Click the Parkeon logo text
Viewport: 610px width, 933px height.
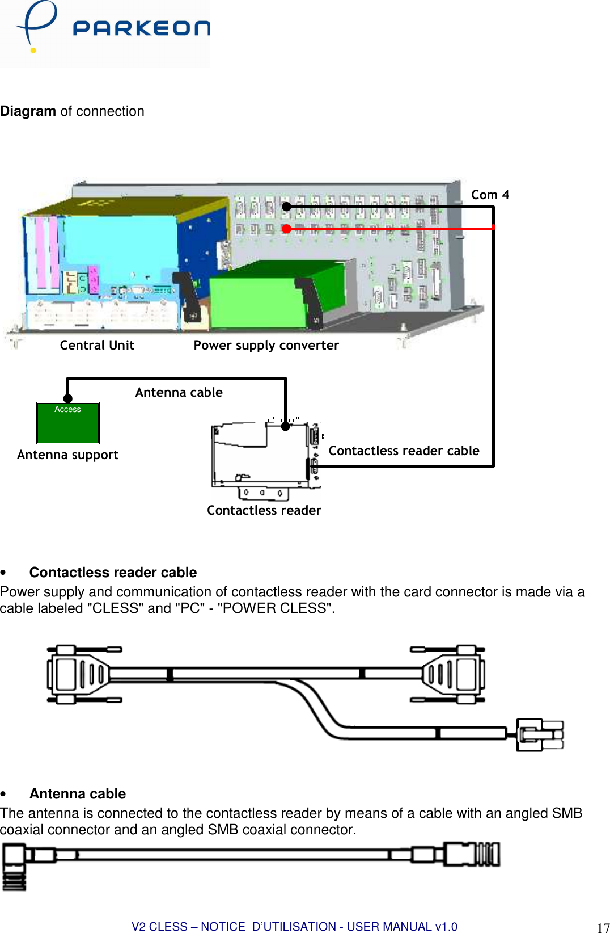point(141,28)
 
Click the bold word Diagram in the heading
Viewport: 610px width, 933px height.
point(28,111)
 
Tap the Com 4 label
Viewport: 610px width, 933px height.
point(490,195)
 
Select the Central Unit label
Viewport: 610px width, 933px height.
point(97,345)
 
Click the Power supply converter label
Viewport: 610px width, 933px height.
point(266,345)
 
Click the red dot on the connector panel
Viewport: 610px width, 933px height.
point(287,229)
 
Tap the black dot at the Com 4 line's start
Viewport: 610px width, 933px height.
point(287,207)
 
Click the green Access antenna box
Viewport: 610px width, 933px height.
point(68,423)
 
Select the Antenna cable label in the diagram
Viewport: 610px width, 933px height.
point(179,392)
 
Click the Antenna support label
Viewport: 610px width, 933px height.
point(67,455)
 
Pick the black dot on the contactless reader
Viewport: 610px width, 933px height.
point(286,426)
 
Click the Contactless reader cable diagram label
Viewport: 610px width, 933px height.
point(404,451)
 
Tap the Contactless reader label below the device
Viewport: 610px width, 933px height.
point(264,510)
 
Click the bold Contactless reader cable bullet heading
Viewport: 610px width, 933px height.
point(113,572)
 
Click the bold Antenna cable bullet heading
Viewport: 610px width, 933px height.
point(78,793)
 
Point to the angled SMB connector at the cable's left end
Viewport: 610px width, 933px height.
point(15,865)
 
